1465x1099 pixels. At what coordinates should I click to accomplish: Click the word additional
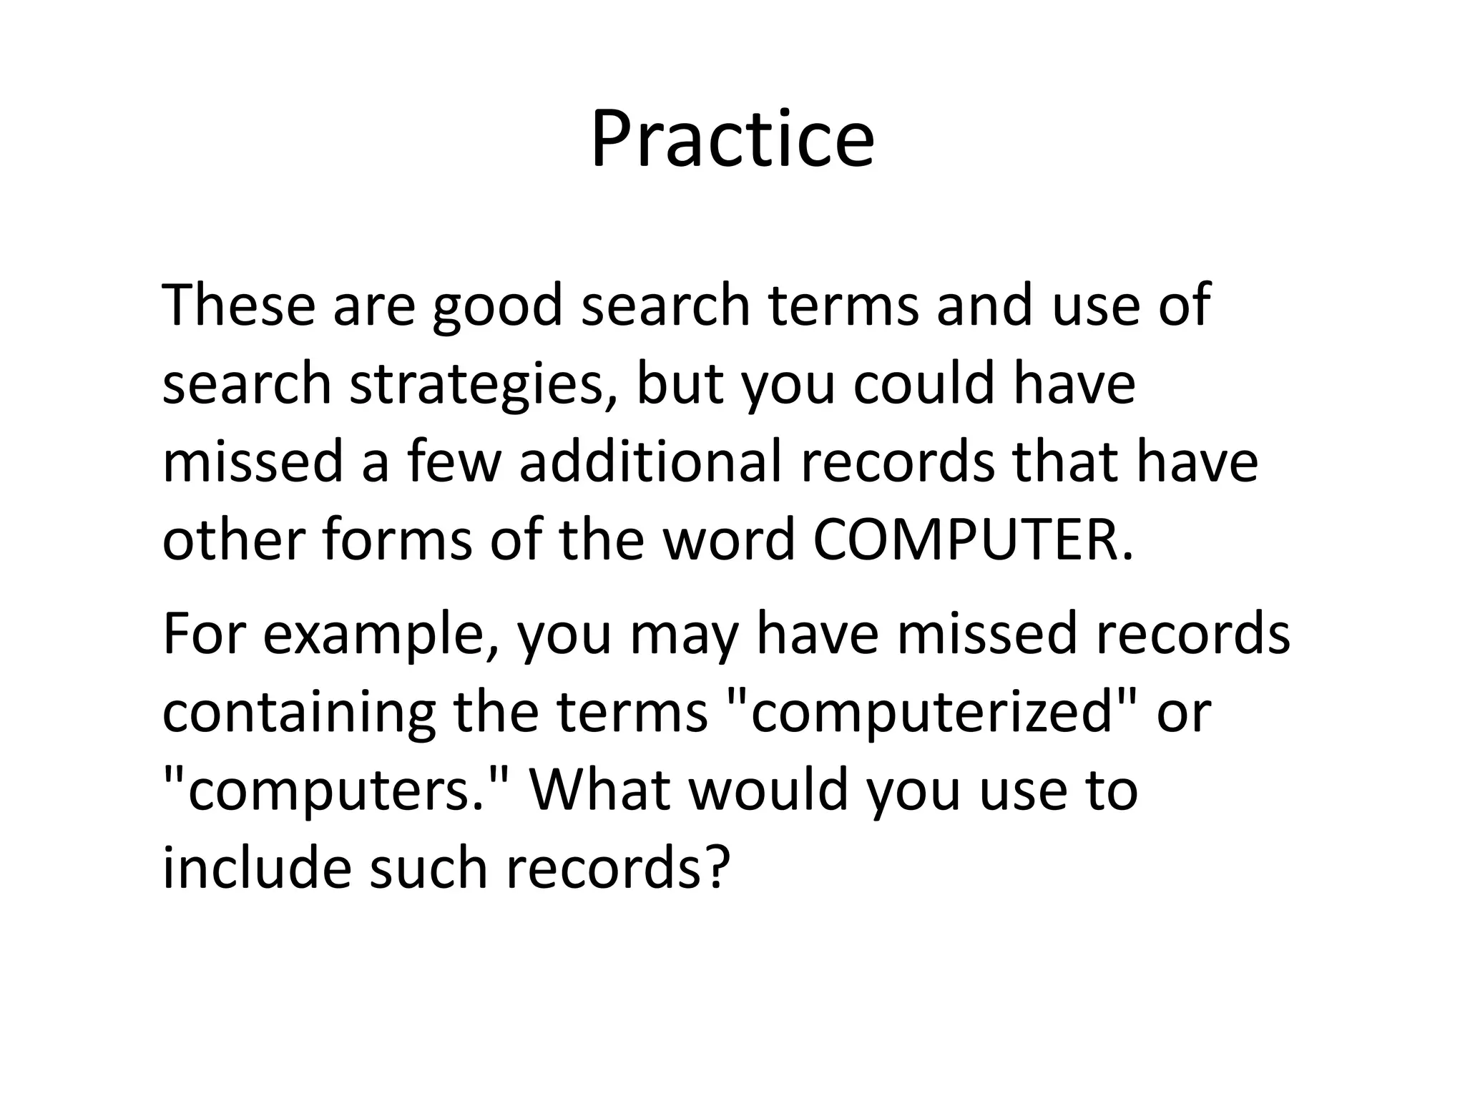[650, 461]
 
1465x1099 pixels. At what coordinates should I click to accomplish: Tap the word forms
[397, 539]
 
